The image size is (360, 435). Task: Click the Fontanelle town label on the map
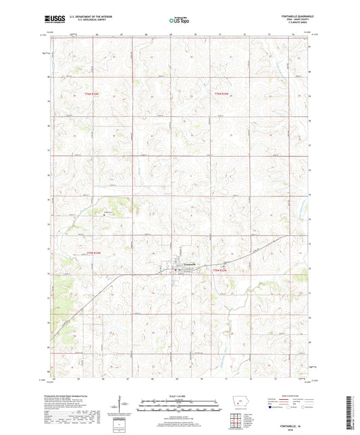coord(187,263)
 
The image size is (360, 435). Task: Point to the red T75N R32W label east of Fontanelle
coord(220,270)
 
